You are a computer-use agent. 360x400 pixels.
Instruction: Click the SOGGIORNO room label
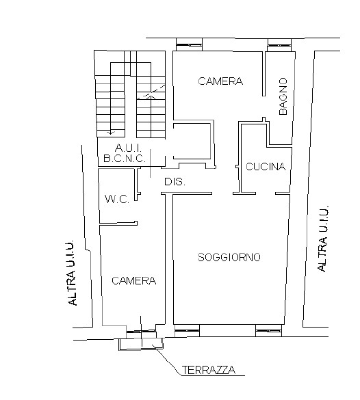tap(229, 257)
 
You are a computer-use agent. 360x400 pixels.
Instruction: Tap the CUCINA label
tap(266, 167)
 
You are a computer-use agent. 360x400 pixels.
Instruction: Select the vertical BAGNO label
tap(283, 96)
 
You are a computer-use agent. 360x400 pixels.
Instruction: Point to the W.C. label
tap(117, 199)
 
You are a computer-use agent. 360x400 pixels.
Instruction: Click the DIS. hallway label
tap(175, 182)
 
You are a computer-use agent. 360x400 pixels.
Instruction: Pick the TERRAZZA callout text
tap(209, 370)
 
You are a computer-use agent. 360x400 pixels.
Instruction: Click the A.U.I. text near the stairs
tap(128, 148)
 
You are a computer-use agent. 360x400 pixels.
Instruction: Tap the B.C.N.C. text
tap(125, 159)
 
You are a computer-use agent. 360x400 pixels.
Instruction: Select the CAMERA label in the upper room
tap(220, 81)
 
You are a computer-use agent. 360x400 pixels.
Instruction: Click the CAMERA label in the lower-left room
tap(133, 280)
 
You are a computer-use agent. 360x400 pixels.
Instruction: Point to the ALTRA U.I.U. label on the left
tap(71, 272)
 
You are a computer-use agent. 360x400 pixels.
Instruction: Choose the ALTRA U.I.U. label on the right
tap(322, 239)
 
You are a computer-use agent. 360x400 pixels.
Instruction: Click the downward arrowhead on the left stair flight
tap(110, 133)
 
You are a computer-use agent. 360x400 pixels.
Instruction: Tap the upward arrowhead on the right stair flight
tap(151, 96)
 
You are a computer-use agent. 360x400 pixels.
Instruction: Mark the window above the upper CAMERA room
tap(189, 45)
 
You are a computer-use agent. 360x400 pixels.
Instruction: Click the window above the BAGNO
tap(279, 45)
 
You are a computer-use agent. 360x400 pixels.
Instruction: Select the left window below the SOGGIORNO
tap(187, 331)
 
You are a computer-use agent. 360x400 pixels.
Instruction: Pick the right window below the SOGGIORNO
tap(268, 331)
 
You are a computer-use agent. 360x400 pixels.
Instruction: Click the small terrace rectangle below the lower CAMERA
tap(141, 345)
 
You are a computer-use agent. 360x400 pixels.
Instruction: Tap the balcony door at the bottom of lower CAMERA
tap(141, 332)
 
